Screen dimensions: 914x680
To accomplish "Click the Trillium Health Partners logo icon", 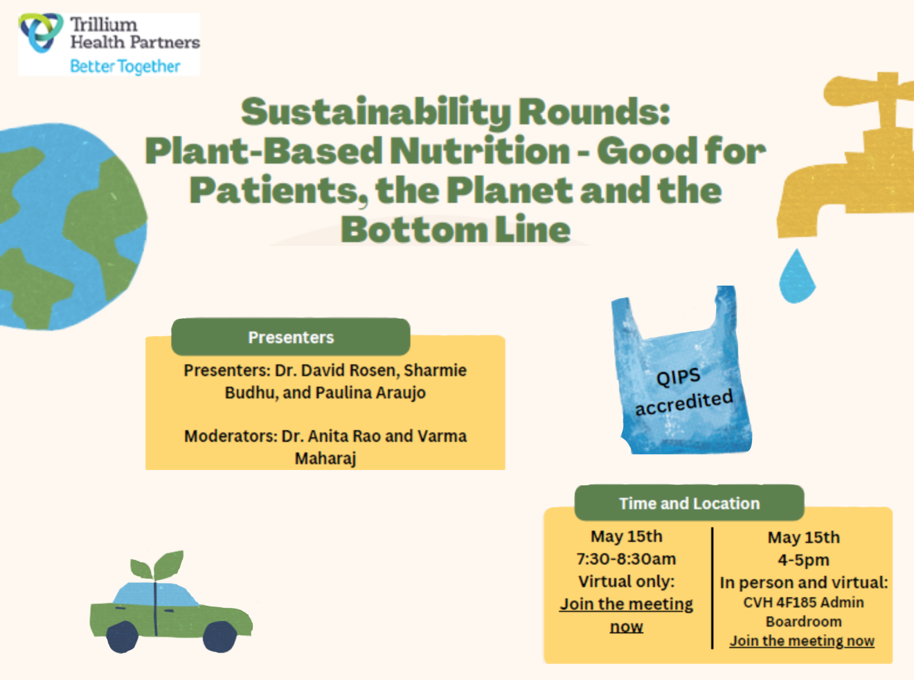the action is (x=41, y=33).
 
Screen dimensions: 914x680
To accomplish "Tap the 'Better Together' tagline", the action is (x=125, y=67).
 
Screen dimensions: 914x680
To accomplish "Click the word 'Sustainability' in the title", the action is (x=375, y=112).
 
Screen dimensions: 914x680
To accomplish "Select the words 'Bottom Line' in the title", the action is (x=456, y=229).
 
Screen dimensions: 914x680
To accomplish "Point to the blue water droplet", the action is (x=797, y=276).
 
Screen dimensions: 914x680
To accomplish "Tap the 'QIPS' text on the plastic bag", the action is (x=679, y=377).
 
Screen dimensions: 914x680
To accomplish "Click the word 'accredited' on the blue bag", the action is (x=684, y=402).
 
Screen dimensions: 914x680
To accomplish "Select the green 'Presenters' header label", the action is (x=291, y=337).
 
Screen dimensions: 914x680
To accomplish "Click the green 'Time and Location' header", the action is (x=690, y=503).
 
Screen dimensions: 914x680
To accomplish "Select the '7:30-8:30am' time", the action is (x=627, y=559).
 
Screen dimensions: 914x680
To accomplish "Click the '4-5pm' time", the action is (x=804, y=560).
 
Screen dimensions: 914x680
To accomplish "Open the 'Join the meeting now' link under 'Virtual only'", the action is (x=627, y=615).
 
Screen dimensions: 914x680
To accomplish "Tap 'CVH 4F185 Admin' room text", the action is (x=804, y=602).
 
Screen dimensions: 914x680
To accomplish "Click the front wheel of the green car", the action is (x=220, y=636).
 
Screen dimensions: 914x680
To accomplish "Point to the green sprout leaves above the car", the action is (x=157, y=565).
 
